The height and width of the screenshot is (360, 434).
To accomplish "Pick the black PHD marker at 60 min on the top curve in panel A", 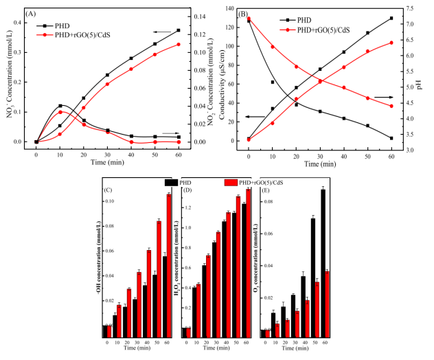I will coord(179,30).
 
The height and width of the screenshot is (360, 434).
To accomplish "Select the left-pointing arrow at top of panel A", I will coord(163,32).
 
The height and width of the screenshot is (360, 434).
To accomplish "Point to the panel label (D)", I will coord(187,189).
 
